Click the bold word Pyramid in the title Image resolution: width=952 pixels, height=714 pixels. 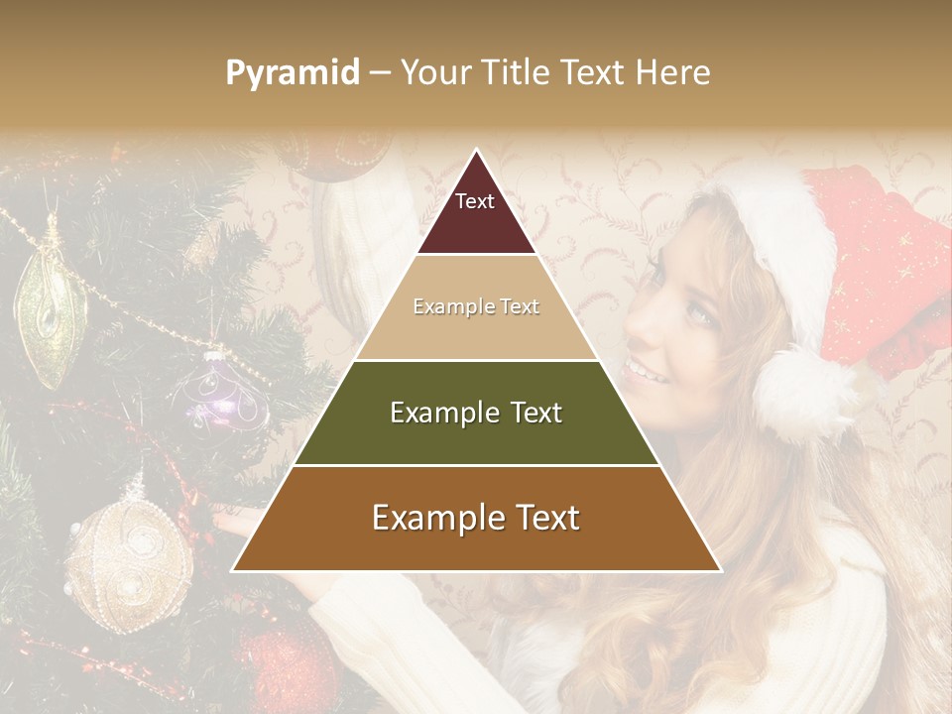292,73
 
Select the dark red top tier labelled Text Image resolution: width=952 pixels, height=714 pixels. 476,213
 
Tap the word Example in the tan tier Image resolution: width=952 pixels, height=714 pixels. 444,307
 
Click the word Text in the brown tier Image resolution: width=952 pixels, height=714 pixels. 542,519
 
